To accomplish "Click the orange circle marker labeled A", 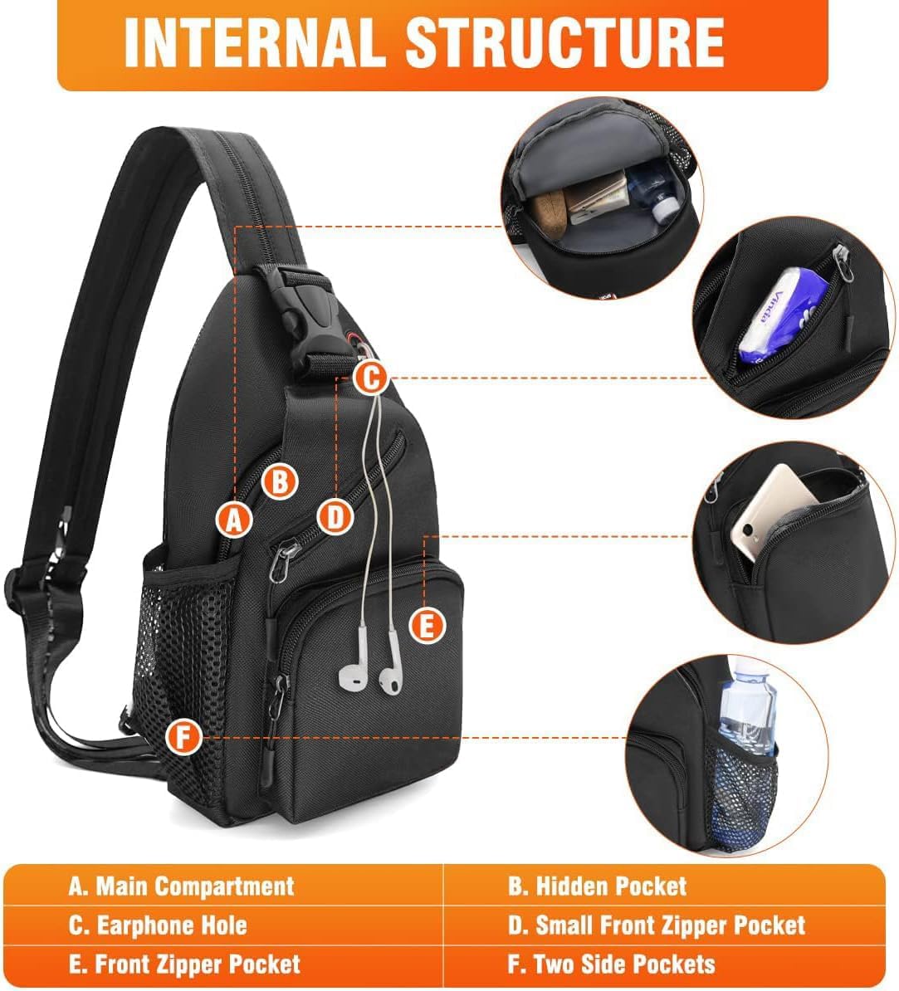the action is tap(234, 520).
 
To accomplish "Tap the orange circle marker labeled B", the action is tap(280, 481).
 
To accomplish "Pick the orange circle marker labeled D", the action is tap(335, 518).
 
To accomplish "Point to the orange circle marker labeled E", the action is tap(427, 626).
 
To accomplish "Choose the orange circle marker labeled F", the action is tap(183, 737).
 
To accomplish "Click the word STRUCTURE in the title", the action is tap(564, 42).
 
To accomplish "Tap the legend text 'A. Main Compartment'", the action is tap(182, 886).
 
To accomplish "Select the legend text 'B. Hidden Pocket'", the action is tap(597, 886).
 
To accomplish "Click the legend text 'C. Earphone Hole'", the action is tap(158, 925).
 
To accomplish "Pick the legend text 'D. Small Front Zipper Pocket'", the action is tap(657, 925).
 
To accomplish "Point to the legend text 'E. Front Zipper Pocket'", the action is tap(184, 964).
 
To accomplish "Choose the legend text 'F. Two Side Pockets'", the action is tap(611, 964).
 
